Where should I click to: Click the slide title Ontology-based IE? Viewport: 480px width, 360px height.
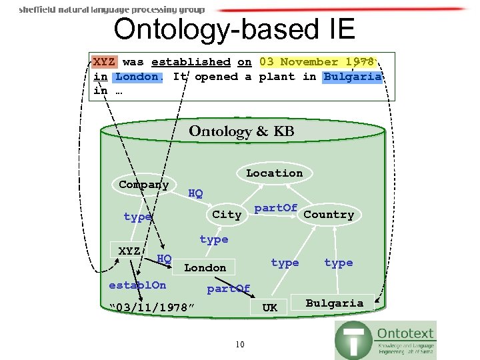click(234, 29)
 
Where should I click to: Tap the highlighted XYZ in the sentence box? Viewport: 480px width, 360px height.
click(103, 62)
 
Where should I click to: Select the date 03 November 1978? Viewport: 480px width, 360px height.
click(317, 62)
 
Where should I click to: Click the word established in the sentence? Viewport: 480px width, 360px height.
click(191, 62)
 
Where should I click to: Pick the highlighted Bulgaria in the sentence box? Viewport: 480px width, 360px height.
click(353, 77)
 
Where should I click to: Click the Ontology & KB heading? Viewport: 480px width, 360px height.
click(241, 131)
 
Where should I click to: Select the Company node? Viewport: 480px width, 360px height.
click(143, 185)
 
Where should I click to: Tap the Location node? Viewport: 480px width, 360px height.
click(274, 173)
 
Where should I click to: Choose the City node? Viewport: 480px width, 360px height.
click(227, 215)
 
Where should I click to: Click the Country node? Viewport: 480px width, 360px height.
click(329, 215)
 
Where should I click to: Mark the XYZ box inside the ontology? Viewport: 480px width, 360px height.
click(129, 251)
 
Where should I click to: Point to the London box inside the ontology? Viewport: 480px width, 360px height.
click(205, 268)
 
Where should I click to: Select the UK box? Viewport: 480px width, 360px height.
click(270, 307)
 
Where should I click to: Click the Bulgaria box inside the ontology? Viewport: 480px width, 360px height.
click(335, 303)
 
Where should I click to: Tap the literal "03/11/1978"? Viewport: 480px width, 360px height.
click(152, 307)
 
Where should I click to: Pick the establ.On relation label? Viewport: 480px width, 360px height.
click(137, 285)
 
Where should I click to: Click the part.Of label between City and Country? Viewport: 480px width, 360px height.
click(275, 208)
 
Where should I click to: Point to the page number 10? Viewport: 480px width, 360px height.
click(240, 344)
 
